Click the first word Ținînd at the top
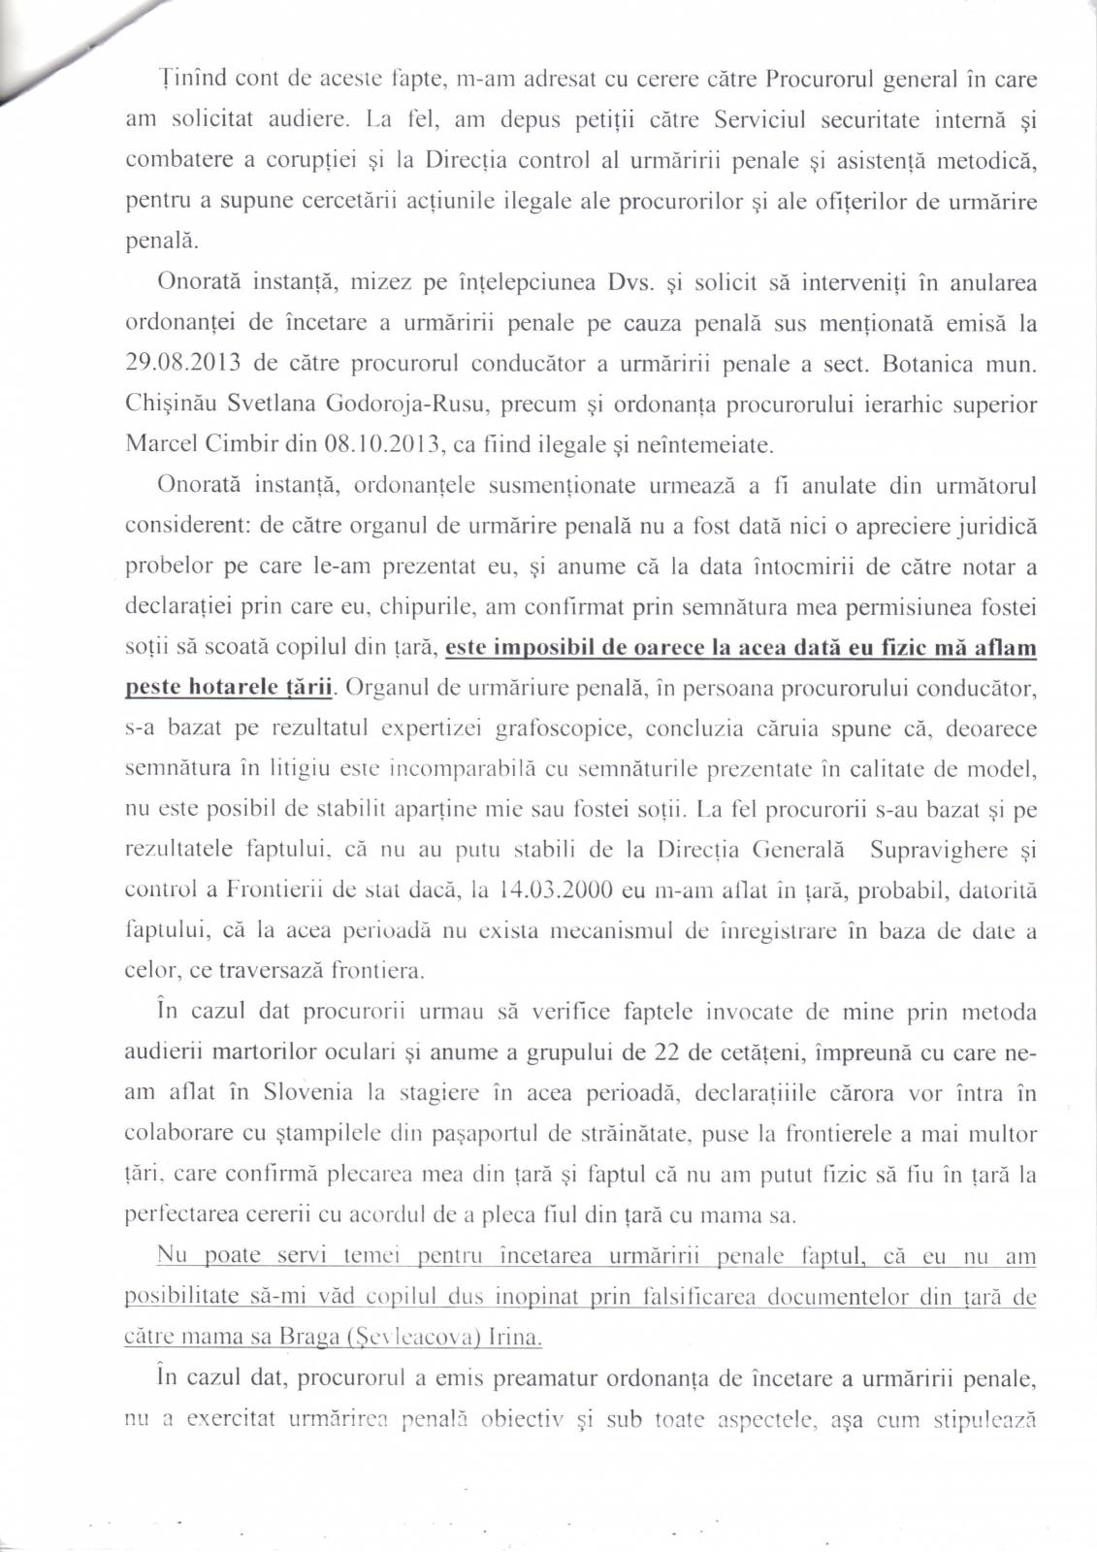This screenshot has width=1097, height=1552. pyautogui.click(x=190, y=80)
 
